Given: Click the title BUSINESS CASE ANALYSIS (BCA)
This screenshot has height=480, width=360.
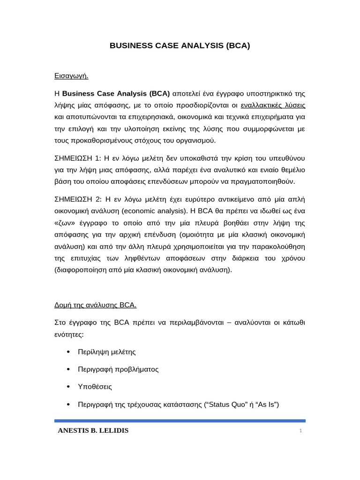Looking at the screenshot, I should pos(180,45).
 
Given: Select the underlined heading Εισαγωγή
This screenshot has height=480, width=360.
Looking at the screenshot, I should pos(71,75).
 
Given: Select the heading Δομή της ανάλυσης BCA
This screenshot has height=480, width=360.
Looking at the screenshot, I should pos(95,305).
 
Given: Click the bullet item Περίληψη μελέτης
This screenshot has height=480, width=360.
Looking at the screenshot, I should pos(106,352).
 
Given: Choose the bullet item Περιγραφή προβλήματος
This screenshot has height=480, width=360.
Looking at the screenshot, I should pos(118,369).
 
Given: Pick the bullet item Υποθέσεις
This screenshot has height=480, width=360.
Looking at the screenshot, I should pos(95,387).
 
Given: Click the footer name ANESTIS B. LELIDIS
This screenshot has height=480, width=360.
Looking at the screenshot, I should pos(93,430).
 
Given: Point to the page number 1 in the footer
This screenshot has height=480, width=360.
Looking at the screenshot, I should pos(300,431).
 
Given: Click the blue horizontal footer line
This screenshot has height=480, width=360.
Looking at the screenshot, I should pos(180,421).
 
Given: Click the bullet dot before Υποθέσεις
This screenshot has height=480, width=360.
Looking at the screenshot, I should pos(68,387).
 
